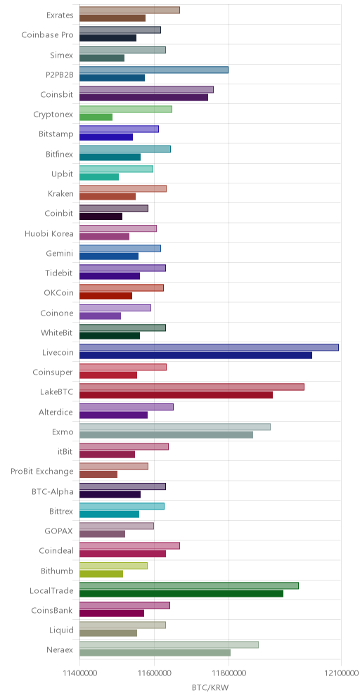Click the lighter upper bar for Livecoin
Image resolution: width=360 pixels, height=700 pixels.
point(209,347)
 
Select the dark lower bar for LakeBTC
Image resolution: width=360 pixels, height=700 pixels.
point(176,395)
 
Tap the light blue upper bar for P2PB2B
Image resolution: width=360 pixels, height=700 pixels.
point(154,70)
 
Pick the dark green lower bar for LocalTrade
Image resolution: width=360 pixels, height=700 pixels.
point(181,593)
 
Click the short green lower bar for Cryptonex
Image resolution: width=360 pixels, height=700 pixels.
point(96,117)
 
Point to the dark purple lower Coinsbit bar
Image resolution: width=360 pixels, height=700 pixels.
point(144,97)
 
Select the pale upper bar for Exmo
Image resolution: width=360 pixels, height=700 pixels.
point(175,427)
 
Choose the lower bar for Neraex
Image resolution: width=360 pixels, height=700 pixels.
point(155,653)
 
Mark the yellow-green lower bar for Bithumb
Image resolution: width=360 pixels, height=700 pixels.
point(101,573)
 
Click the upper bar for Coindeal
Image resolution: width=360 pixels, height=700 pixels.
point(129,545)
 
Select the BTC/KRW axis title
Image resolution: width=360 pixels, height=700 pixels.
point(210,687)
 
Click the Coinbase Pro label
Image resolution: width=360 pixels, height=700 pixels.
point(47,34)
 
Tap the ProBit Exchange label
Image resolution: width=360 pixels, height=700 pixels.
point(42,471)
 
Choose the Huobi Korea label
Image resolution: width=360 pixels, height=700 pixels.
point(49,233)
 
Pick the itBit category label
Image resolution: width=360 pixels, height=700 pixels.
point(65,451)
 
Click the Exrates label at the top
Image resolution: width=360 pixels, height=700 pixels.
point(60,15)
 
